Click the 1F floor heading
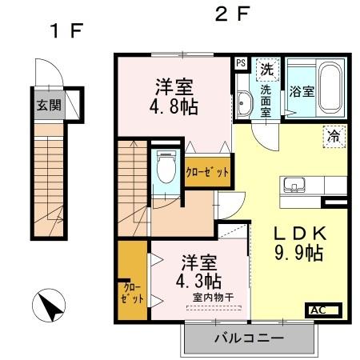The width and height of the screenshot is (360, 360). click(x=66, y=32)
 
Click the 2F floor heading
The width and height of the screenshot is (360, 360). click(x=233, y=14)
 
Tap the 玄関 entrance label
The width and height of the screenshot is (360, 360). click(x=48, y=104)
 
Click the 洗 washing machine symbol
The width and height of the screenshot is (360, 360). click(x=266, y=68)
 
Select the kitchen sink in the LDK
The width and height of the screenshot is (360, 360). click(x=292, y=185)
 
